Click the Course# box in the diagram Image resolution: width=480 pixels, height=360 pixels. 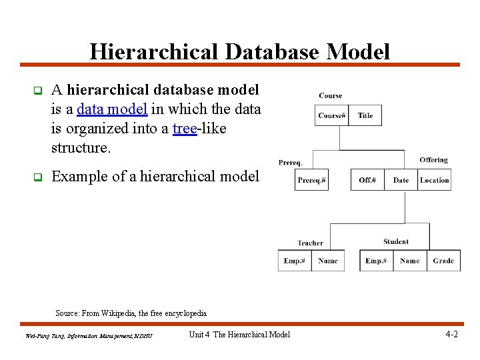coord(331,115)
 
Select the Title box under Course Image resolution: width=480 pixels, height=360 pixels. coord(365,115)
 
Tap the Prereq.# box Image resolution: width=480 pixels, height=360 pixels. coord(311,180)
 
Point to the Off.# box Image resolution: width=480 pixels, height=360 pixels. coord(367,180)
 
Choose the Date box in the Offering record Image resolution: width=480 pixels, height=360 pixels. coord(401,180)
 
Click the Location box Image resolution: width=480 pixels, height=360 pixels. coord(434,180)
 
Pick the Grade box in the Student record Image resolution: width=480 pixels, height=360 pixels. coord(443,261)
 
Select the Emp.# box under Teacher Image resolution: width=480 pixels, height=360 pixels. coord(294,261)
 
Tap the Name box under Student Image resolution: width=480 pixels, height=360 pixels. coord(409,261)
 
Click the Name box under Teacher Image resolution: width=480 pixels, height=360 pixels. coord(327,261)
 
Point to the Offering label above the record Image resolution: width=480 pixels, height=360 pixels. coord(433,160)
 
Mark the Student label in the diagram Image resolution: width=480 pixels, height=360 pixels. coord(396,241)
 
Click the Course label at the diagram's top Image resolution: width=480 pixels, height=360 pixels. coord(330,96)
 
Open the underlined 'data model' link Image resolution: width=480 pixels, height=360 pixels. coord(112,109)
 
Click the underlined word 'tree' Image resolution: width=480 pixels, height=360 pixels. coord(184,128)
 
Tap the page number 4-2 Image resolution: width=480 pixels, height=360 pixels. coord(451,334)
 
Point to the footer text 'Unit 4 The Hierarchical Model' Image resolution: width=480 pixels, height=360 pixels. coord(239,335)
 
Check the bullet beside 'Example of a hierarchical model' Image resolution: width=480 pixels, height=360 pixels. coord(38,177)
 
